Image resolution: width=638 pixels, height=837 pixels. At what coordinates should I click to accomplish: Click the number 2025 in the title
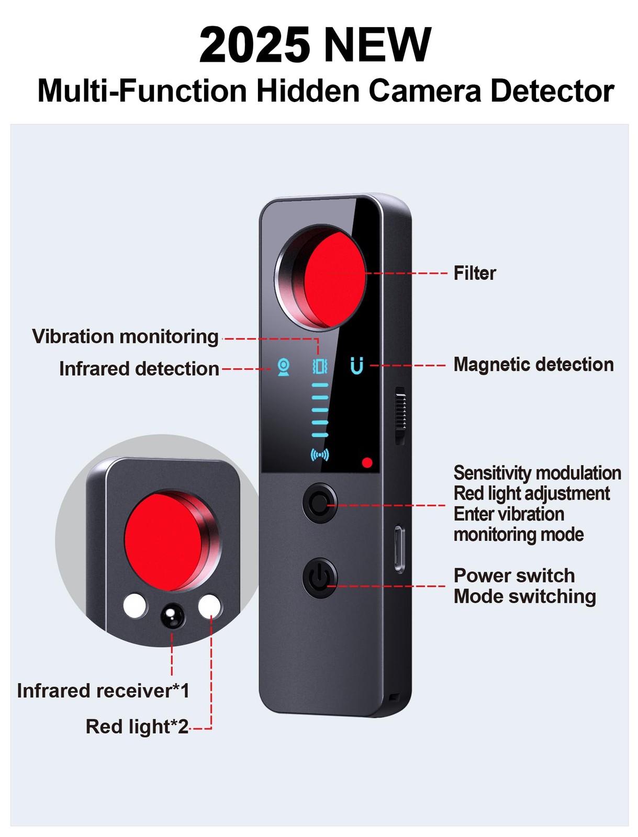pos(254,44)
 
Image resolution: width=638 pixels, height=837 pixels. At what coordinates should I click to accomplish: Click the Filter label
pos(474,273)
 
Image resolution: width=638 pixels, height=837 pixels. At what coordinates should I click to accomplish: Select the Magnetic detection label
pos(533,364)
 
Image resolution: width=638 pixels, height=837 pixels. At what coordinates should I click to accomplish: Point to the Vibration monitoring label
pos(125,337)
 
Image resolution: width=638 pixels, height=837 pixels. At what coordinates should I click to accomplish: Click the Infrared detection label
pos(139,369)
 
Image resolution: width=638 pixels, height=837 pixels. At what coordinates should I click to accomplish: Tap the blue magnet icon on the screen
pos(356,365)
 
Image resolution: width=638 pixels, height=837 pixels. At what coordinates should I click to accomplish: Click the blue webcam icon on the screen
pos(283,367)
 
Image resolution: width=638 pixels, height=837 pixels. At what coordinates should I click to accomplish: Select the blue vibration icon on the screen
pos(320,366)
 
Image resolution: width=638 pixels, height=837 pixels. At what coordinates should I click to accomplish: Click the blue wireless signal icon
pos(320,455)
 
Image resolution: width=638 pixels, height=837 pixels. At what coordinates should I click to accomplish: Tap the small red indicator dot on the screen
pos(367,462)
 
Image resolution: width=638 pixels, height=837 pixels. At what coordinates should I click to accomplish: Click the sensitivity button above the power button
pos(320,503)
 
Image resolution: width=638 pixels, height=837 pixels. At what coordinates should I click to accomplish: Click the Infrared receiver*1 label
pos(103,691)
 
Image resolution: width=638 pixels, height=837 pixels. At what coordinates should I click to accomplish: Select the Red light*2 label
pos(137,727)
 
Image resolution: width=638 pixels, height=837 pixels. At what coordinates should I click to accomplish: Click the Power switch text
pos(513,575)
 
